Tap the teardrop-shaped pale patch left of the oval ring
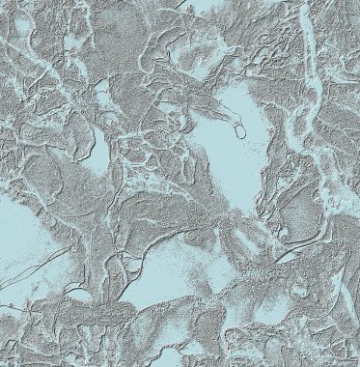tap(96, 151)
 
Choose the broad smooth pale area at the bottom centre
tap(183, 270)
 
